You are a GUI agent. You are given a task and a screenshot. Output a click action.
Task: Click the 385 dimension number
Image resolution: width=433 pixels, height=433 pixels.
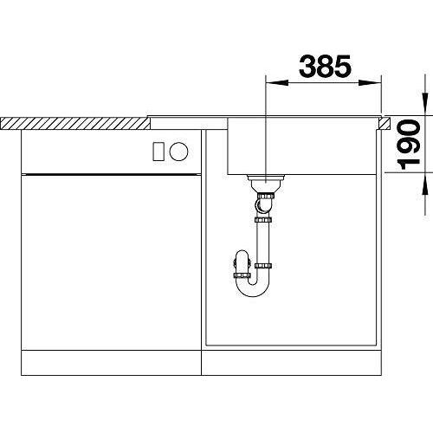point(325,66)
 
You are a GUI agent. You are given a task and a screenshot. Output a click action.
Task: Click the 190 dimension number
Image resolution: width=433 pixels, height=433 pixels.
point(408,145)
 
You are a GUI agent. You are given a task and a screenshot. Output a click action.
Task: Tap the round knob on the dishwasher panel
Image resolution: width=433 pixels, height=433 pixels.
point(178,152)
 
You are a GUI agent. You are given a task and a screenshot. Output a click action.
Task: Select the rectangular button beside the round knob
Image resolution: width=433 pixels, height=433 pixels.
point(158,152)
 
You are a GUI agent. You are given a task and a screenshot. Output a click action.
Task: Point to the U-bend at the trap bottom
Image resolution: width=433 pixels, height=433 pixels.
point(253,289)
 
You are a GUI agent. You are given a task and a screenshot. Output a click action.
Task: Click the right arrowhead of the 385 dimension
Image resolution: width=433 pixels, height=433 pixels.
point(370,83)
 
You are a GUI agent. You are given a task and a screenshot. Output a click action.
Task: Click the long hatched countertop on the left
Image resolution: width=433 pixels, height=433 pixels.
point(75,124)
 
